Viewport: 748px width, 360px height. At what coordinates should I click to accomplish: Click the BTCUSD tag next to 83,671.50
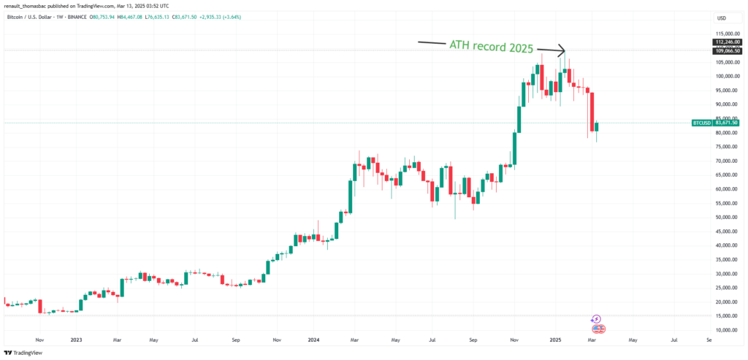click(701, 123)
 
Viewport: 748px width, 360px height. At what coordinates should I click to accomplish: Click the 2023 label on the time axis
click(75, 340)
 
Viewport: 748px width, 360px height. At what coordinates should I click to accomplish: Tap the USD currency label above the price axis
click(722, 18)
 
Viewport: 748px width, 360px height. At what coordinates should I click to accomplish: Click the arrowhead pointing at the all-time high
click(562, 50)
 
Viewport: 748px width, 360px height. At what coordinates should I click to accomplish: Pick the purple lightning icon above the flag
click(596, 319)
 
